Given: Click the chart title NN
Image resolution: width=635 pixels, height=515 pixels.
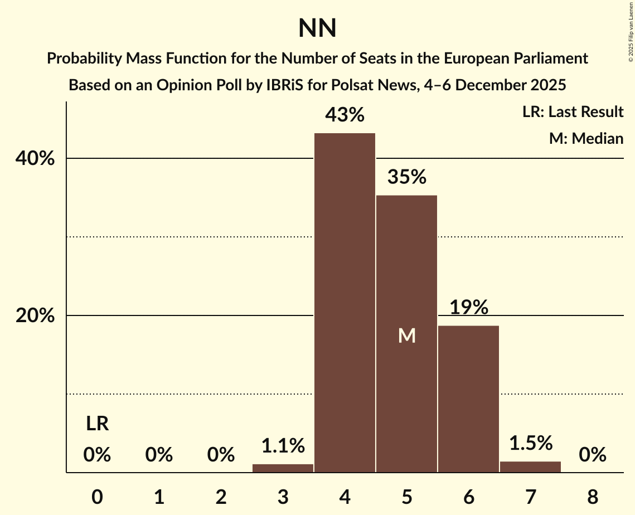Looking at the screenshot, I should [x=317, y=28].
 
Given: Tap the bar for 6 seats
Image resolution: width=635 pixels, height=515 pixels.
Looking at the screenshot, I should [x=468, y=399].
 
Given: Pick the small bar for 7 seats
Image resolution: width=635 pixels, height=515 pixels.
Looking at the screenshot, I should [x=530, y=467].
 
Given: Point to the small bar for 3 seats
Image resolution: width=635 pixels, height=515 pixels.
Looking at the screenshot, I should [x=283, y=468].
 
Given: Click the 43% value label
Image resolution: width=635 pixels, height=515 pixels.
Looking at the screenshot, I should [x=345, y=115].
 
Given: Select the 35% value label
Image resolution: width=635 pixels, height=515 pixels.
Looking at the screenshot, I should [x=406, y=177].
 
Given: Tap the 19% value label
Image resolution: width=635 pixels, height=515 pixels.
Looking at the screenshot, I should [x=468, y=308].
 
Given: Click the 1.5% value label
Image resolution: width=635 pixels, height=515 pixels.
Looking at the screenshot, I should [x=530, y=443].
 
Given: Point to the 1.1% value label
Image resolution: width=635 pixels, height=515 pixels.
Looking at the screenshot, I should [x=283, y=446].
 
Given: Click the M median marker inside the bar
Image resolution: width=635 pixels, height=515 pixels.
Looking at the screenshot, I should [x=406, y=336].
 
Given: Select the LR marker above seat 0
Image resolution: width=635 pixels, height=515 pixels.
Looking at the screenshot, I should [x=97, y=424].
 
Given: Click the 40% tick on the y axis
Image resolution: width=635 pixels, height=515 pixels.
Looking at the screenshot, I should [x=35, y=159].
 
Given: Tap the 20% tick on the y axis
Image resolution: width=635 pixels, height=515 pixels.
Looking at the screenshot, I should [x=35, y=316].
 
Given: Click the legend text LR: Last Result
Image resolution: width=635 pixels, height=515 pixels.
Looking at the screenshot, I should [x=573, y=112].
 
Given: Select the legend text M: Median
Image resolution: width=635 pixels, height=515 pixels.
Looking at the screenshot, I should [x=586, y=138].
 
